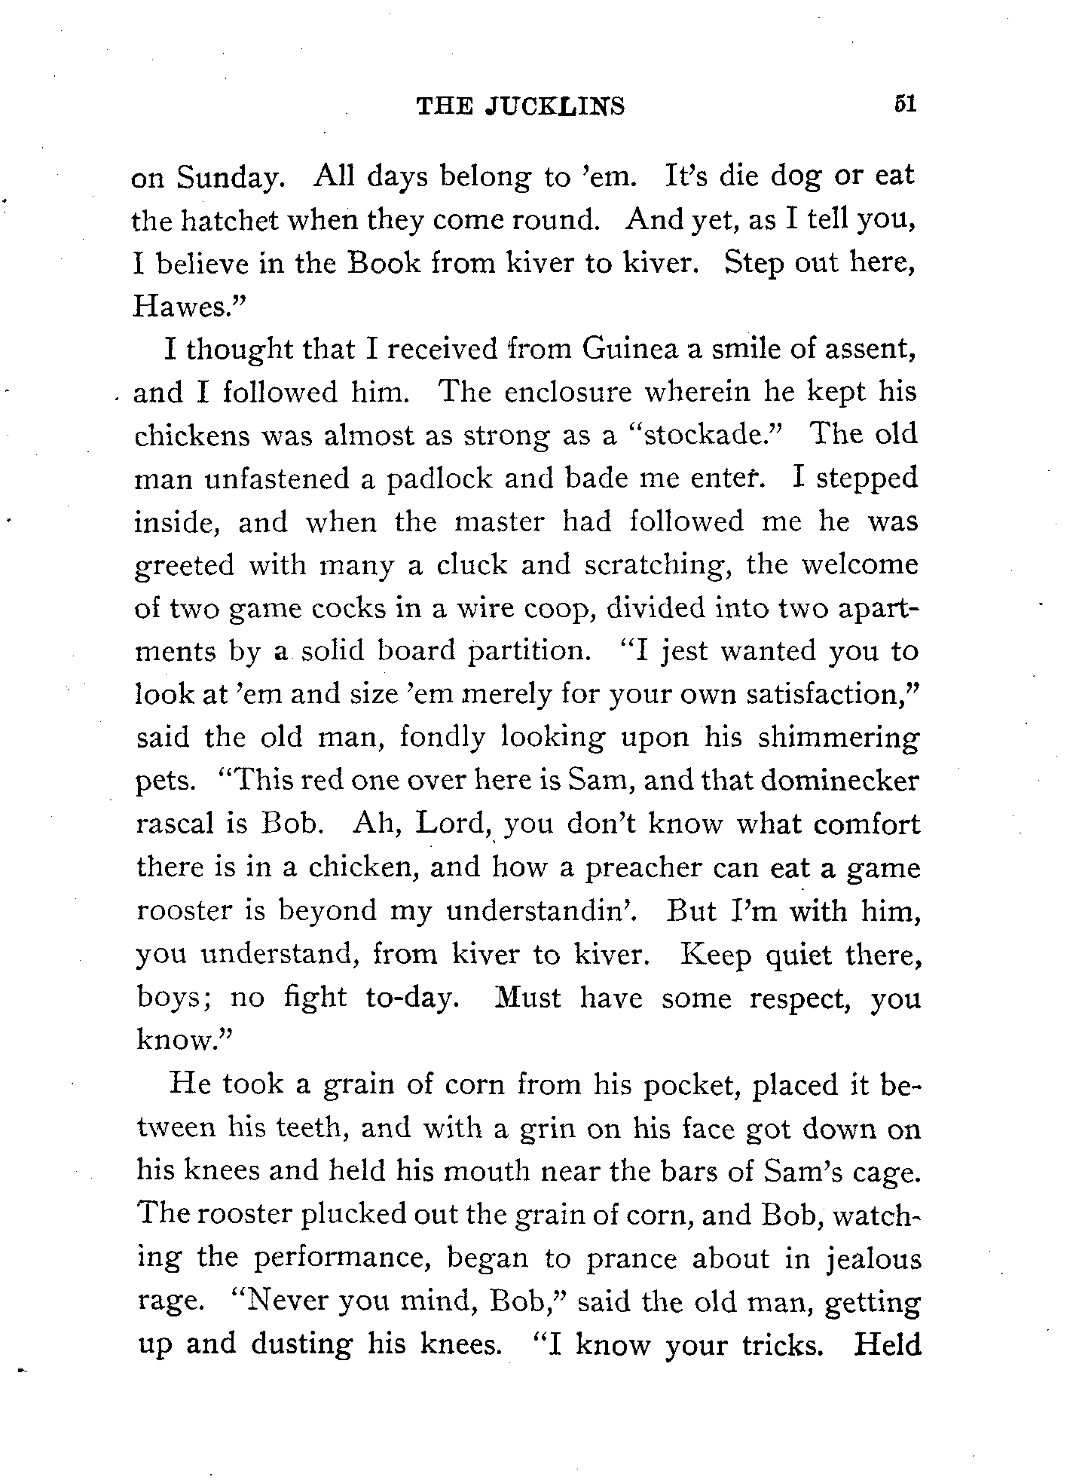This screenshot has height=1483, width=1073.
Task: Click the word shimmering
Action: (x=838, y=738)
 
